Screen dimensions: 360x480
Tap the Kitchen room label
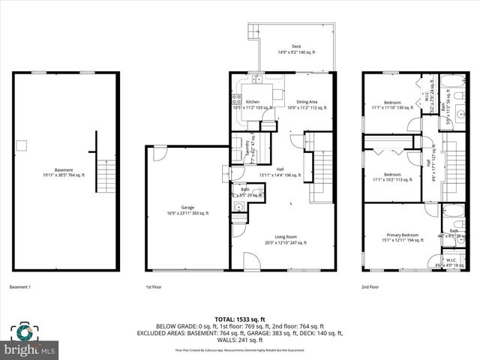pos(253,102)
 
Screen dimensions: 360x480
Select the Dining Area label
pos(307,102)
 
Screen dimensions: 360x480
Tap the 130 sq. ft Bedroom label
pos(392,103)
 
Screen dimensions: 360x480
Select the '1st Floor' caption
pos(154,286)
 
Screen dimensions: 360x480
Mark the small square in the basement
pos(23,145)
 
